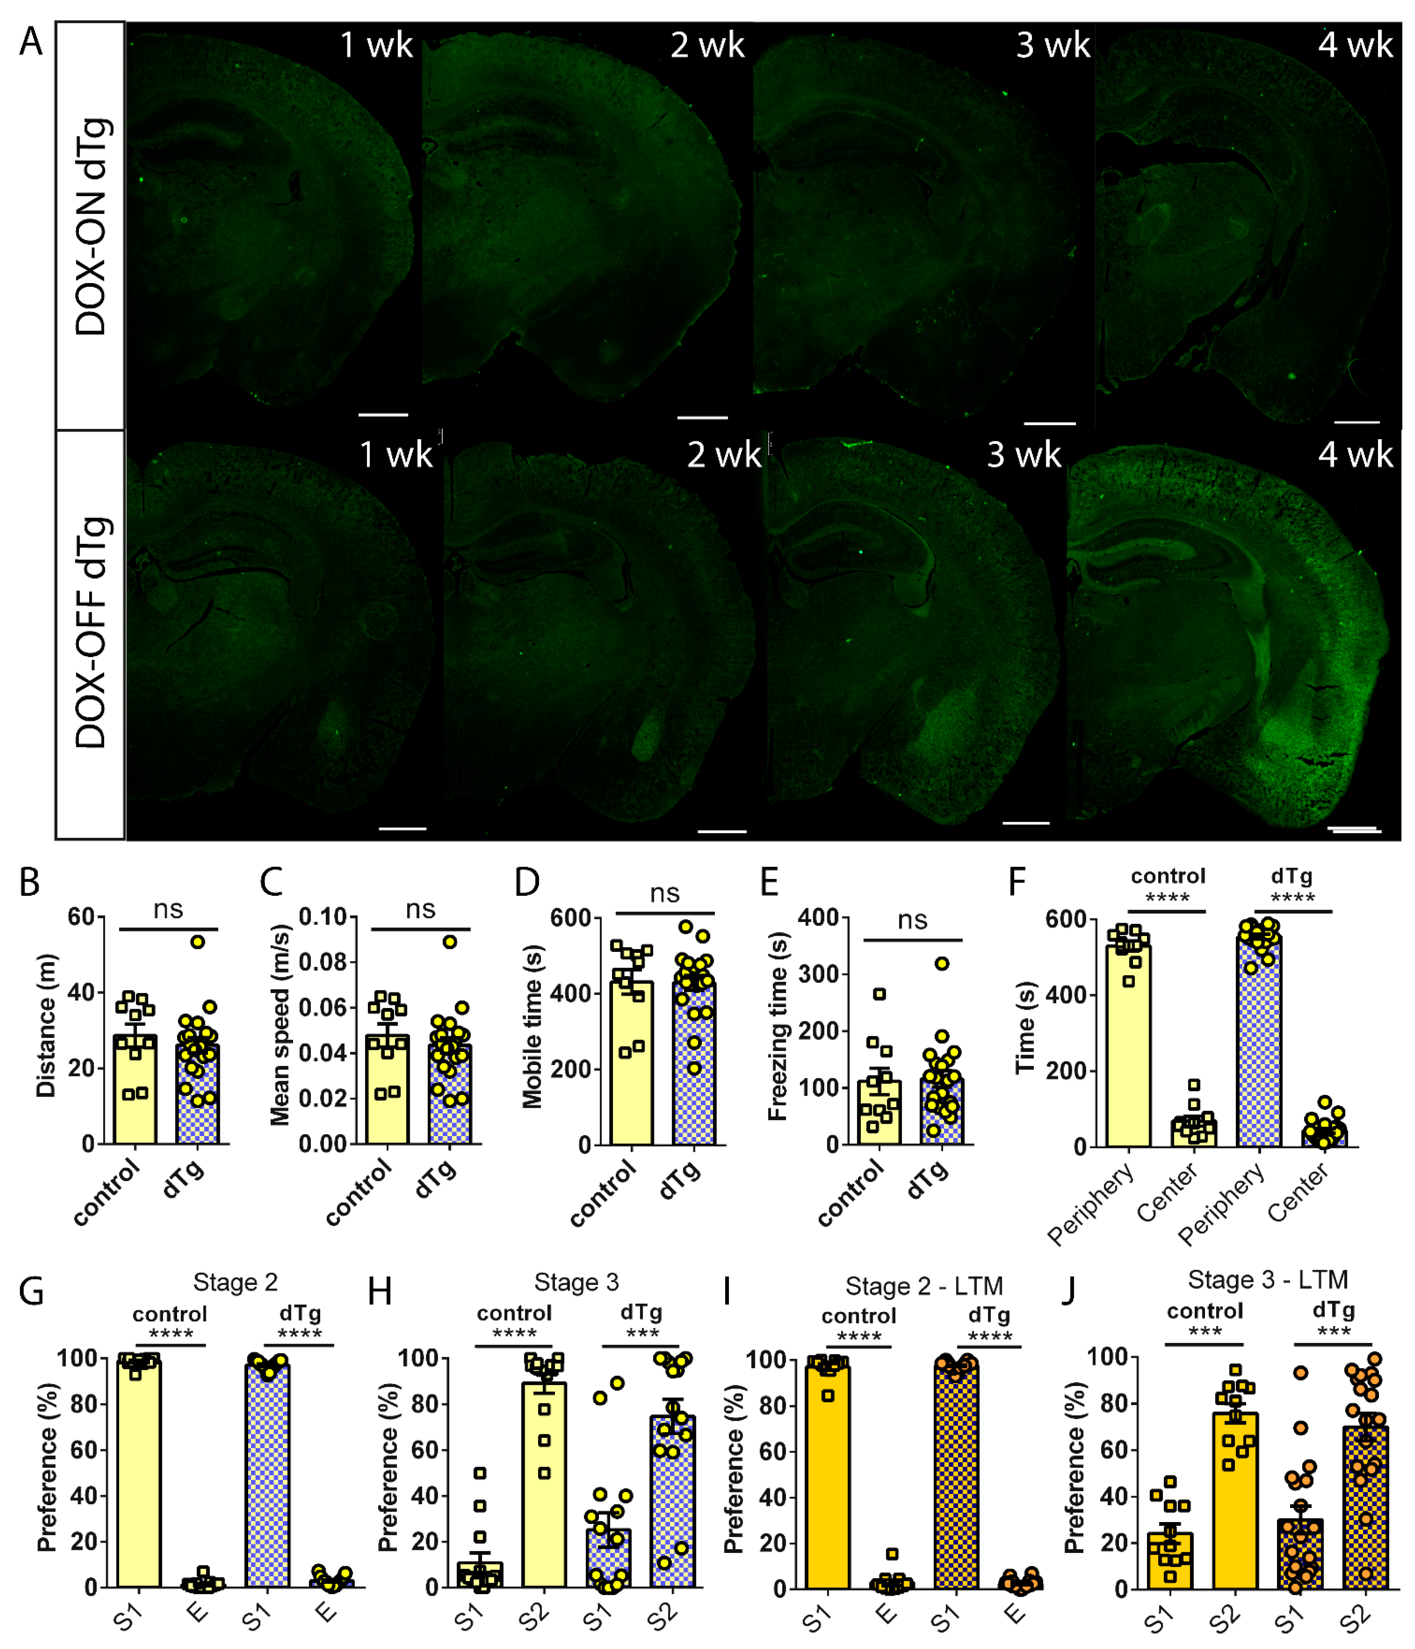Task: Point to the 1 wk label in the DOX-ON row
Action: coord(376,45)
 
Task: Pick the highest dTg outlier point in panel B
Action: coord(197,942)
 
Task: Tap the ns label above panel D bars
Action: coord(664,894)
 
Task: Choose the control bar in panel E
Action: coord(879,1113)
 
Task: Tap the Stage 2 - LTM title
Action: coord(923,1286)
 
